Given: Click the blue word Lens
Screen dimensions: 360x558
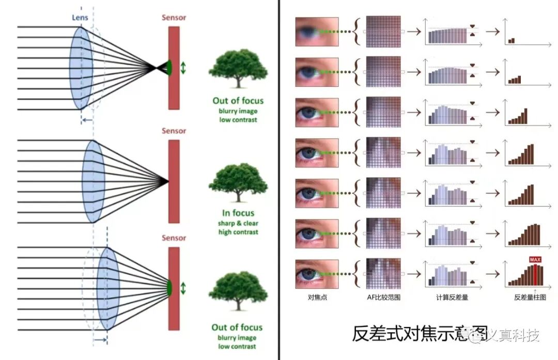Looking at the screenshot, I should coord(80,18).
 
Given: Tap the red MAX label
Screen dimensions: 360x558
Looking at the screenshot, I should coord(535,259).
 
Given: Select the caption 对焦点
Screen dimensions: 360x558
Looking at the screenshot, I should coord(316,297).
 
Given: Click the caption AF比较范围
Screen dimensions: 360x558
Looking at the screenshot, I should coord(383,297).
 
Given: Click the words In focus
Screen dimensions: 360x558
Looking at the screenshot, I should coord(238,213).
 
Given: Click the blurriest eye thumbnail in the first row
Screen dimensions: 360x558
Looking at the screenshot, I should coord(317,33).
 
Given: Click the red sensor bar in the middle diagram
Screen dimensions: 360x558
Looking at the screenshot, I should coord(174,181).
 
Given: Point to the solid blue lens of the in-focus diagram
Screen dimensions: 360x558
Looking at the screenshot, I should coord(94,181).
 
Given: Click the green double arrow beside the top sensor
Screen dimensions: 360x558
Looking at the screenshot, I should coord(183,67).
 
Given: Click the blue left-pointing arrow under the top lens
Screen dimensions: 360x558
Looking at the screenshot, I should coord(87,120).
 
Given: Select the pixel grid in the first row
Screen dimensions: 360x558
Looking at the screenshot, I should coord(383,33).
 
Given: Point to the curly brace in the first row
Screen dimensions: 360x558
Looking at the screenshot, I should coord(357,33).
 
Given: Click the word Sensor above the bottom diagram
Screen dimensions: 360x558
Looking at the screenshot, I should coord(174,238).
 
